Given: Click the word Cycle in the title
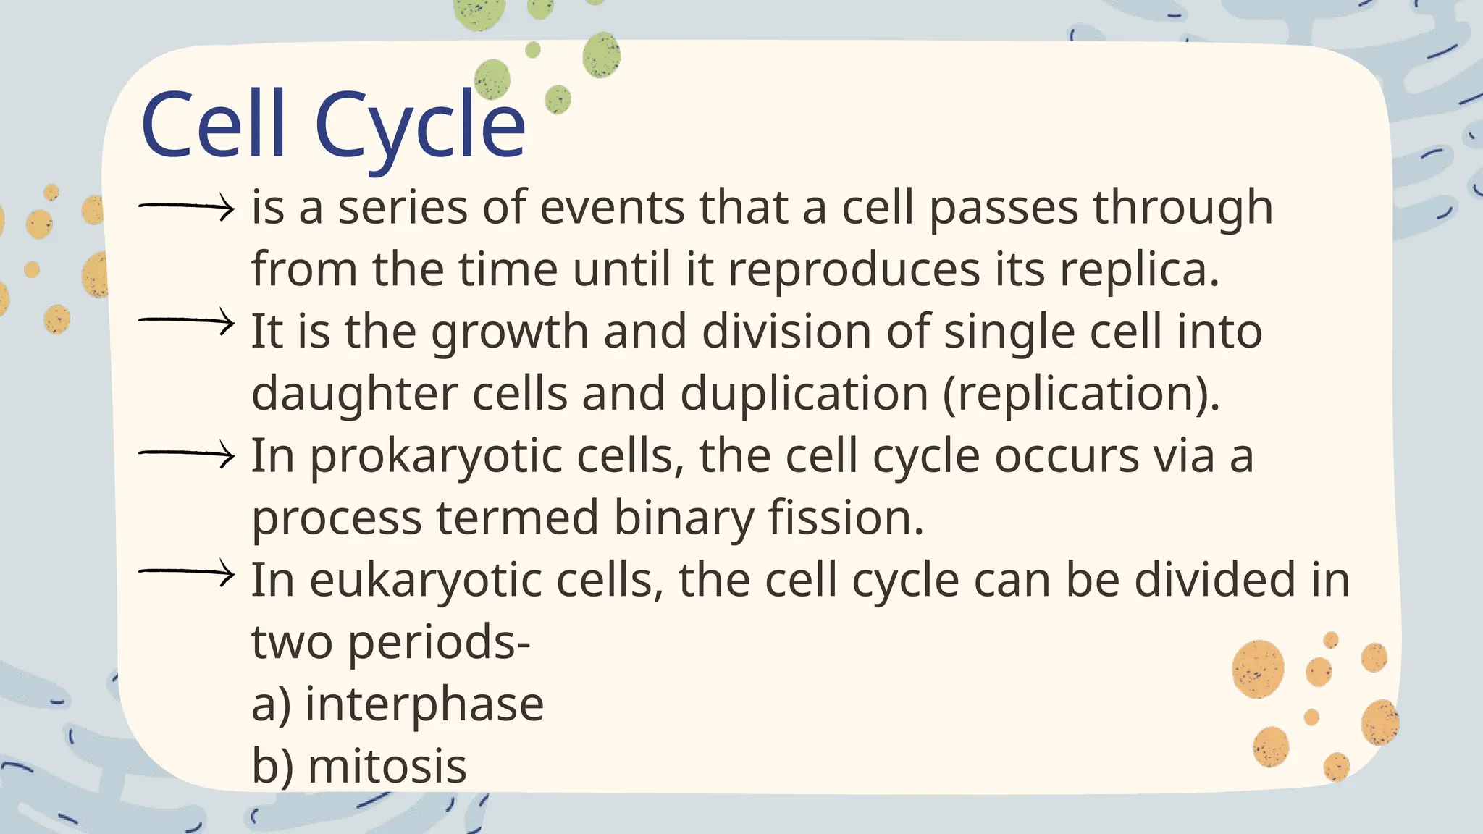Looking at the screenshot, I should tap(420, 127).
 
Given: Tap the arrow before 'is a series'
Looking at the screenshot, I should tap(187, 207).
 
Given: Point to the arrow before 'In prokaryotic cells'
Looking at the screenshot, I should tap(187, 455).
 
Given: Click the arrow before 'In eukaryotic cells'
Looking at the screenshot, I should tap(187, 573).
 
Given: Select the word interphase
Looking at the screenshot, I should tap(424, 704).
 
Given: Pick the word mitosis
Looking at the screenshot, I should tap(387, 767).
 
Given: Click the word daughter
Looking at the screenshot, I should tap(355, 395).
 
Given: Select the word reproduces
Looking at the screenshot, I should tap(854, 271).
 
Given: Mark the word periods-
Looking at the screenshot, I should tap(439, 643).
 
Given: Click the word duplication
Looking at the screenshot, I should tap(804, 395).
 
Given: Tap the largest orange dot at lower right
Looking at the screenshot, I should tap(1258, 669).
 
